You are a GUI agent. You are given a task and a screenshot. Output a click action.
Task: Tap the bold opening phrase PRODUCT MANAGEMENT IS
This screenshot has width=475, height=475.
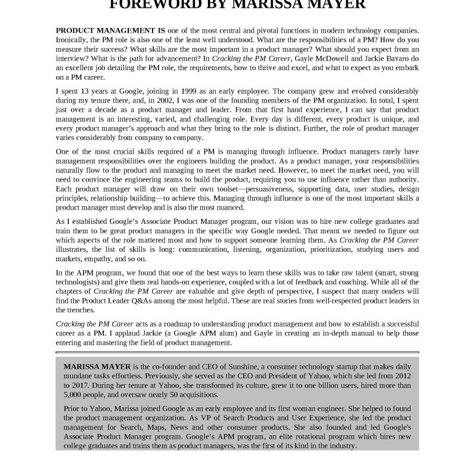pyautogui.click(x=110, y=30)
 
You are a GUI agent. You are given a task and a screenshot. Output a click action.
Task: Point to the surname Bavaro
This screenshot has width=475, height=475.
pyautogui.click(x=394, y=58)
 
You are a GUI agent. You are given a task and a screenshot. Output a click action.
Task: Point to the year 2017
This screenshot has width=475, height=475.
pyautogui.click(x=74, y=385)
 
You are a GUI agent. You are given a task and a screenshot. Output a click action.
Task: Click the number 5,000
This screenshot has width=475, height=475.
pyautogui.click(x=76, y=394)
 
